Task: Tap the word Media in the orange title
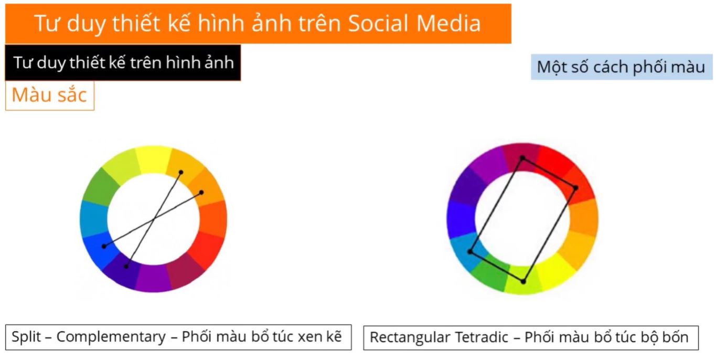448,23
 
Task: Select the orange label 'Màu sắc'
49,96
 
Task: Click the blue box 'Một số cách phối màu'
622,67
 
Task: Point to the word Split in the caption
26,337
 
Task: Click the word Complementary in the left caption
111,337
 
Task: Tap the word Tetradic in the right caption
482,337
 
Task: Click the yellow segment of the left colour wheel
153,159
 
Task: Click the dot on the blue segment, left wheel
104,246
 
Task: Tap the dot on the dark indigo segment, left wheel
126,266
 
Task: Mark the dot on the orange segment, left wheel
201,193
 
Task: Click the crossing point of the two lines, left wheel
154,219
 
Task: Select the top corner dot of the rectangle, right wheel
522,158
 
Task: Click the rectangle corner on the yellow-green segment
523,282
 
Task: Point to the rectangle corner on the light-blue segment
470,251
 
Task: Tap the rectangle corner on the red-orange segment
575,188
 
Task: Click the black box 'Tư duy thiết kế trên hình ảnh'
123,62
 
